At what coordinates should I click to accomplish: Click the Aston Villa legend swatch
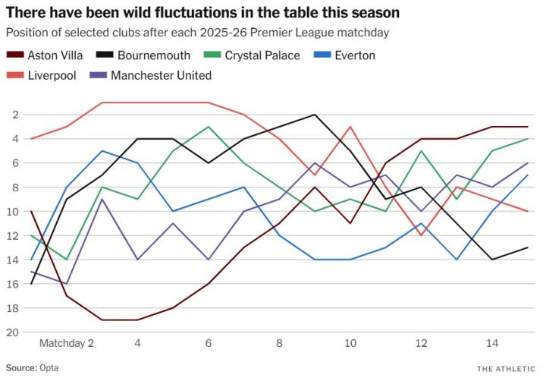pos(14,55)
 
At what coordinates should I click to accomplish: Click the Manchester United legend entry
pos(161,75)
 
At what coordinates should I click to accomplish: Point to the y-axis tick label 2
pos(15,115)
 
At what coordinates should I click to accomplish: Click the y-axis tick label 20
pos(13,332)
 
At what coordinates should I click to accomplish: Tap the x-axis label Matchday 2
pos(67,344)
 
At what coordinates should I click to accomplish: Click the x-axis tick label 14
pos(492,344)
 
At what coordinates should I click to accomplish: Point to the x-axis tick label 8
pos(279,344)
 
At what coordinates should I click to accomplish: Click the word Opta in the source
pos(49,367)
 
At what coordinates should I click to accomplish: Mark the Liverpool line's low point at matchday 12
pos(422,235)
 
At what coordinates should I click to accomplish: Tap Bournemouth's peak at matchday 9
pos(315,115)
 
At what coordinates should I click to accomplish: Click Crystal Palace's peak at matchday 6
pos(209,127)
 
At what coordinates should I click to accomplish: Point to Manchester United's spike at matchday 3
pos(102,199)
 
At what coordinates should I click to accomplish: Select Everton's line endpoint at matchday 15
pos(528,175)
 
